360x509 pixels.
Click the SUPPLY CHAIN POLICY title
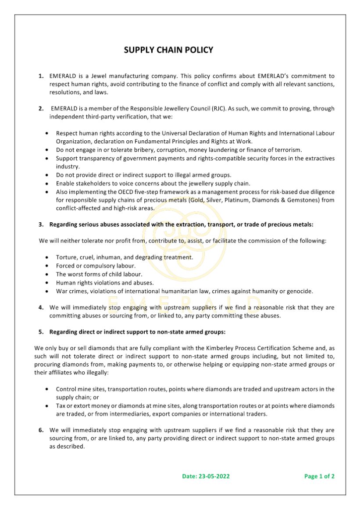click(168, 50)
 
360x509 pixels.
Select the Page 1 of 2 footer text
click(319, 476)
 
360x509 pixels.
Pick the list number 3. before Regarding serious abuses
click(41, 224)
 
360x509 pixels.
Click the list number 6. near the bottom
click(41, 430)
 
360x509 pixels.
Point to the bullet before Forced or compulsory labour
click(47, 266)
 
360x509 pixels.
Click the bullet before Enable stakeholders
click(47, 183)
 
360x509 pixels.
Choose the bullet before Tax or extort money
click(47, 406)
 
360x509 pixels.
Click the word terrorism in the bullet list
click(286, 149)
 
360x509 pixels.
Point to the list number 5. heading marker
click(41, 331)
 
